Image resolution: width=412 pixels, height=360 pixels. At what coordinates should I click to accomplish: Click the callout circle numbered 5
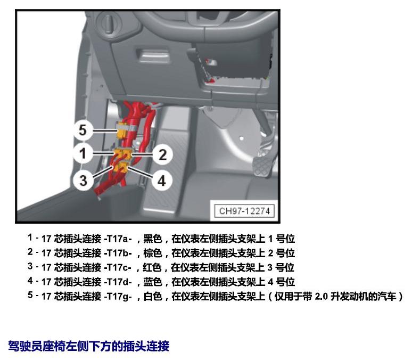83,130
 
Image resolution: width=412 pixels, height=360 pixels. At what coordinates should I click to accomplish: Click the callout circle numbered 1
83,153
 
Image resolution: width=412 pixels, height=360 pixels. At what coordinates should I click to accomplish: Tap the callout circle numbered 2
163,154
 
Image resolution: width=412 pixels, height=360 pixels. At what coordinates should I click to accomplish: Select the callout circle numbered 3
83,181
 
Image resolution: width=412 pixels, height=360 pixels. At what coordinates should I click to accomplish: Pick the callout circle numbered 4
162,181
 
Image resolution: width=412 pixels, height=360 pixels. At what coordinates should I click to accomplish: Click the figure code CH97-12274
244,211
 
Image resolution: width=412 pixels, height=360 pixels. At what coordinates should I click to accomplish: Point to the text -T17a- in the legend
118,239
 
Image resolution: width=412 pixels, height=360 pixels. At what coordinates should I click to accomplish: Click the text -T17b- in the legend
118,253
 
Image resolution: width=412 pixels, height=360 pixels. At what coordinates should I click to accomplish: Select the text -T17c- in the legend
118,267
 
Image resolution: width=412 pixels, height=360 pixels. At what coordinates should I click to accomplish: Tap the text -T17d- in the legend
118,282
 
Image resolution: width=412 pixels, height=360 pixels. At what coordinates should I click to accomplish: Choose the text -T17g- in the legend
118,297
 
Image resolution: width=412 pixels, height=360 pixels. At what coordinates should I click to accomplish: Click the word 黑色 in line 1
152,239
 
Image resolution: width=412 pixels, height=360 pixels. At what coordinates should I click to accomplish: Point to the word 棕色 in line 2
152,253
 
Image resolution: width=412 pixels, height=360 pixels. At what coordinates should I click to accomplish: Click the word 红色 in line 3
152,267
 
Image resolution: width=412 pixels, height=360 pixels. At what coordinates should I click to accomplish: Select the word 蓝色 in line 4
152,282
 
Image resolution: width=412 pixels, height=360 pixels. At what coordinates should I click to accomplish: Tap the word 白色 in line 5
152,297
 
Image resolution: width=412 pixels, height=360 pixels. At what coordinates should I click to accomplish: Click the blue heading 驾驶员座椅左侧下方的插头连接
89,346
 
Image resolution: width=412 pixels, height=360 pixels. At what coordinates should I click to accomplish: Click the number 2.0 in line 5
321,297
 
